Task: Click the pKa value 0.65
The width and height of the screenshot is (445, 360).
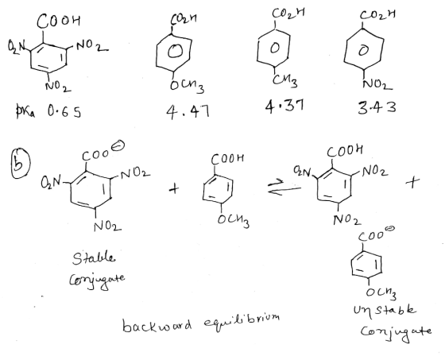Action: pyautogui.click(x=64, y=111)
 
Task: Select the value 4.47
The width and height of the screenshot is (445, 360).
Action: pyautogui.click(x=188, y=111)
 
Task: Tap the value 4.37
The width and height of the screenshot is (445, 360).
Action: pyautogui.click(x=284, y=106)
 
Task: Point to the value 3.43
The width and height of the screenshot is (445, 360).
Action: pyautogui.click(x=377, y=107)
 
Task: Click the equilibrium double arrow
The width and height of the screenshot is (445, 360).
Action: pyautogui.click(x=284, y=188)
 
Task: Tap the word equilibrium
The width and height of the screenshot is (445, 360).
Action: pyautogui.click(x=242, y=321)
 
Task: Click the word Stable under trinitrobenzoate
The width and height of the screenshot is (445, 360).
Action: pyautogui.click(x=94, y=258)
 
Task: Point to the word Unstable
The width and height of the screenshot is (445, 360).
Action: pyautogui.click(x=385, y=310)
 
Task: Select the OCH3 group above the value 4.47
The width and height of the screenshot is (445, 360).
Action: pyautogui.click(x=187, y=86)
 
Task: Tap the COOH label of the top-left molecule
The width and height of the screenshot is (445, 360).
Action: pyautogui.click(x=59, y=21)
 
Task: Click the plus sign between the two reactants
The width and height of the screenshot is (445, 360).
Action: pyautogui.click(x=174, y=188)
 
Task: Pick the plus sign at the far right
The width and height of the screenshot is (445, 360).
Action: pyautogui.click(x=412, y=182)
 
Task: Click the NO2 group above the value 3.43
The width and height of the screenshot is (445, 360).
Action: pyautogui.click(x=377, y=83)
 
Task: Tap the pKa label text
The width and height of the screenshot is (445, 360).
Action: pyautogui.click(x=25, y=112)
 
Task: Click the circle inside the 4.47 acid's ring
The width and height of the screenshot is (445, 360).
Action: pyautogui.click(x=175, y=52)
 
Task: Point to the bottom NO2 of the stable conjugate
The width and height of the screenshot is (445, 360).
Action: pyautogui.click(x=107, y=226)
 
